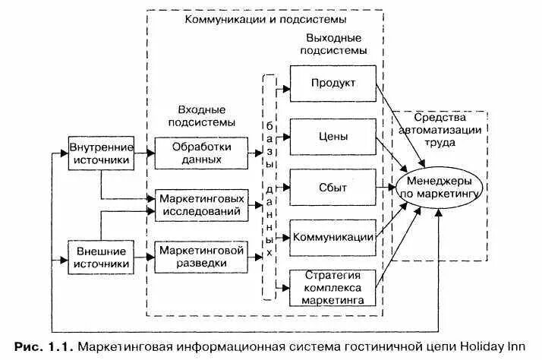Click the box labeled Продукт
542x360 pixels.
(332, 84)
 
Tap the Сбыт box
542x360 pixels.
(332, 187)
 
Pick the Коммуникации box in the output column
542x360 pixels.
(332, 237)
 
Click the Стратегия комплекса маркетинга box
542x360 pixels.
(332, 287)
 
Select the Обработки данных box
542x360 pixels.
(201, 153)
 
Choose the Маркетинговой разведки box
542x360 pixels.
(201, 256)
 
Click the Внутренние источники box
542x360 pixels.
(101, 153)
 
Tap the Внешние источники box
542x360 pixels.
(101, 257)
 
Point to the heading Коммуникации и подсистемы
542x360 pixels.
(265, 18)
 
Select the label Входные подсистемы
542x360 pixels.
(200, 115)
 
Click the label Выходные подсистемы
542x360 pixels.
(333, 44)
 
